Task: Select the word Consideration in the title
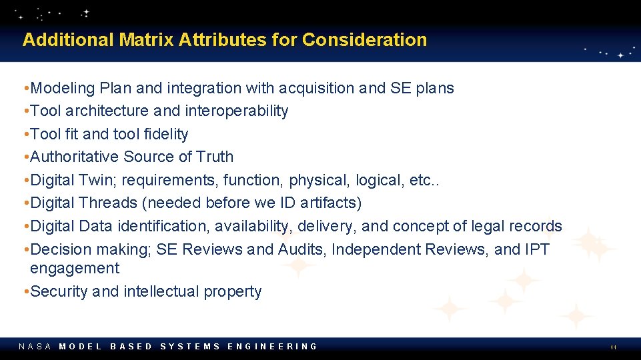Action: click(x=364, y=40)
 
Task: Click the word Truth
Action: click(x=215, y=157)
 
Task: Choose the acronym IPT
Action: click(x=537, y=249)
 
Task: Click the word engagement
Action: click(x=75, y=269)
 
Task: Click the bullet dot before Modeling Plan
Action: click(x=25, y=88)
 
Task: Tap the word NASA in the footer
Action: click(x=35, y=347)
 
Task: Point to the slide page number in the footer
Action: click(x=612, y=347)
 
